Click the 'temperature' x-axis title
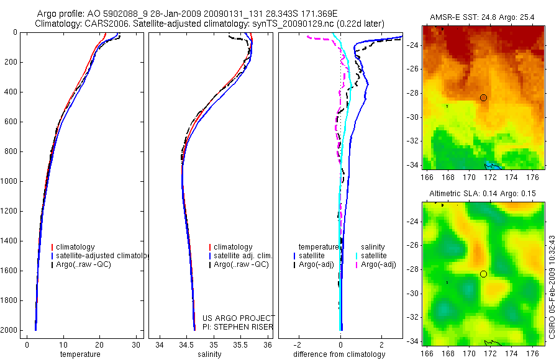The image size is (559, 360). coord(80,354)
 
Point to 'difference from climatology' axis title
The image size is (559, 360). coord(340,354)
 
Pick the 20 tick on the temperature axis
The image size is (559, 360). coord(99,345)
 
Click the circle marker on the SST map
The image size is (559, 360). coord(483,97)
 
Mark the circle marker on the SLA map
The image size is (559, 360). coord(483,274)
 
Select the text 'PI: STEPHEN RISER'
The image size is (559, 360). coord(238,327)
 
